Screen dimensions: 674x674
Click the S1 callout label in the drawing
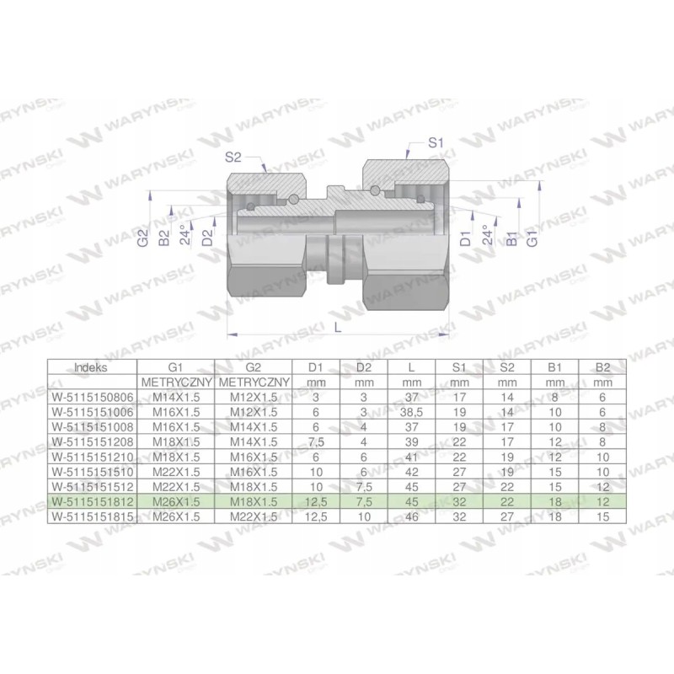[436, 143]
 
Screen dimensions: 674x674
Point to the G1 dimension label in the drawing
[532, 237]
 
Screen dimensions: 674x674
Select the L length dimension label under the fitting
[338, 329]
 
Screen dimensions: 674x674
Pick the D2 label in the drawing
[206, 239]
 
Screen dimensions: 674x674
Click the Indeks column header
[91, 367]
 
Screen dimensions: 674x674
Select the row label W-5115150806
[91, 395]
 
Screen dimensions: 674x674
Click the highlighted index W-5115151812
[91, 501]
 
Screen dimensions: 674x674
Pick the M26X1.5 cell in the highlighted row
[174, 501]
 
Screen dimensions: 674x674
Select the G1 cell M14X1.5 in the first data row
[174, 395]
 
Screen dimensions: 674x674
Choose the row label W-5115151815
[91, 516]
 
